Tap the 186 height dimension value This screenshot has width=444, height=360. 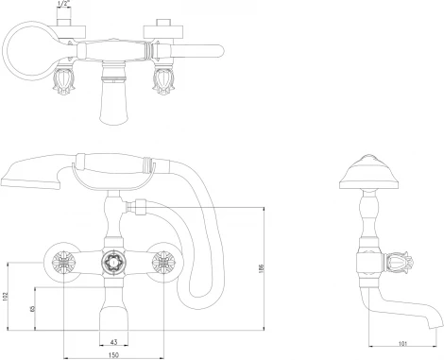tap(262, 268)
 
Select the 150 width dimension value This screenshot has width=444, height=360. tap(113, 355)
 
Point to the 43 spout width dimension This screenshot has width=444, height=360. tap(114, 342)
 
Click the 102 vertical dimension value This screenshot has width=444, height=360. tap(5, 296)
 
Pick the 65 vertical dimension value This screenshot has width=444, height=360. tap(32, 308)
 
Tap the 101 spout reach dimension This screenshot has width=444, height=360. tap(402, 344)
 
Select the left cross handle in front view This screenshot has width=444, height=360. tap(64, 262)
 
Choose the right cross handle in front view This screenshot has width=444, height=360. tap(163, 262)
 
